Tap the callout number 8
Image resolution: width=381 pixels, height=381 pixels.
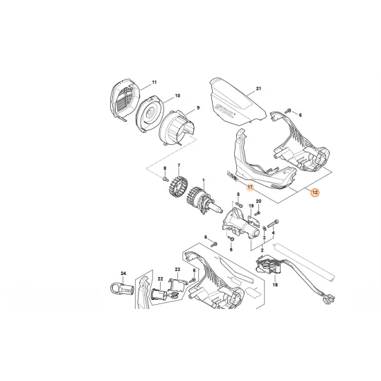pyautogui.click(x=164, y=169)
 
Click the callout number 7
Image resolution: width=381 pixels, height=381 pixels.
pyautogui.click(x=179, y=166)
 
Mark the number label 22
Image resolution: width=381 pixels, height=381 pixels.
pyautogui.click(x=160, y=278)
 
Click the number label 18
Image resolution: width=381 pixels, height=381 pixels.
pyautogui.click(x=275, y=285)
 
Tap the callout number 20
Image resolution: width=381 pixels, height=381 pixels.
pyautogui.click(x=258, y=202)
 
